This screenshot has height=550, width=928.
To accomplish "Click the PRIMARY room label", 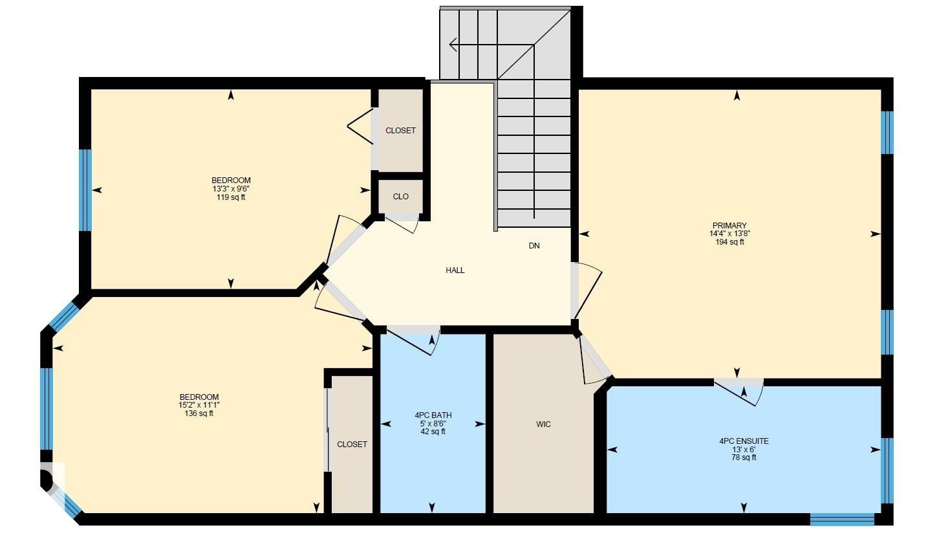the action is click(729, 225).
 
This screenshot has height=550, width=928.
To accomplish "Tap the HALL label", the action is click(455, 270).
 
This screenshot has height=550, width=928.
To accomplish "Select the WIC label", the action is click(543, 424).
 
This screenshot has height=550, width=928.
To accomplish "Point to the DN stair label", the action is click(534, 246).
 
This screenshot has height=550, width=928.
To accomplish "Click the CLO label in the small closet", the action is click(400, 197).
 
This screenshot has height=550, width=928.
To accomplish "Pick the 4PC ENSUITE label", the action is click(744, 441).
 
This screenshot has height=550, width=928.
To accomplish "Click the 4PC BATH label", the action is click(433, 415).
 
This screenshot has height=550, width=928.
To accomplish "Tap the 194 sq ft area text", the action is click(729, 242).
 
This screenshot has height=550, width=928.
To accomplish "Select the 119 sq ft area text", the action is click(231, 197).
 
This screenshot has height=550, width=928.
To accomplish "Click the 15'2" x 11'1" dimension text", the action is click(199, 405).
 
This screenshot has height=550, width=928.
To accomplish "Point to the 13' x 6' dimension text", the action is click(744, 450).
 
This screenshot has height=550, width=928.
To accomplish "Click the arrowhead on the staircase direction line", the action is click(453, 45).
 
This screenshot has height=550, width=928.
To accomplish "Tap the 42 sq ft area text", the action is click(433, 432).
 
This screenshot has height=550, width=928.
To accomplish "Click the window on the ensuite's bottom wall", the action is click(842, 520).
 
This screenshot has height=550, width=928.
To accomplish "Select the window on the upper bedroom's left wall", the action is click(85, 190).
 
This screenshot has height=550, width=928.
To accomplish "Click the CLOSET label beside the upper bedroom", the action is click(400, 131).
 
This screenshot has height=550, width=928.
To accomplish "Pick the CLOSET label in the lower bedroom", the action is click(352, 445).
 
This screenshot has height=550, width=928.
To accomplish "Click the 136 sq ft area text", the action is click(199, 413).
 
